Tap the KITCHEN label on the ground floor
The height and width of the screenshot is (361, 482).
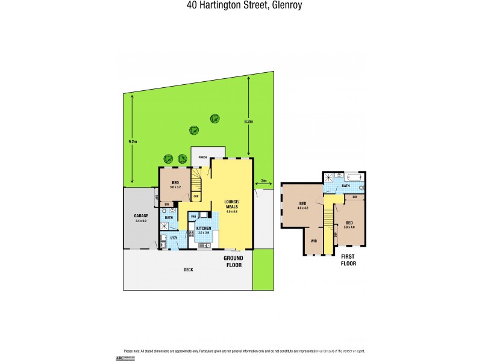(x=203, y=228)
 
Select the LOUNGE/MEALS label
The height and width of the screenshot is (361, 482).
(x=232, y=203)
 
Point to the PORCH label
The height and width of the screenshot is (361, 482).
(x=203, y=157)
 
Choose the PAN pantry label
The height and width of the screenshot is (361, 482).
(x=193, y=215)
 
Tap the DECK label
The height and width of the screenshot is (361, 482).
(x=189, y=270)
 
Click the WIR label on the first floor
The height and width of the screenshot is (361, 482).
(x=313, y=240)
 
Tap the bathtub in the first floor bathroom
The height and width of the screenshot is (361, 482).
(x=354, y=177)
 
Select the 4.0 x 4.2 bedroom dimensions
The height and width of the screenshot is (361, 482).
(x=303, y=208)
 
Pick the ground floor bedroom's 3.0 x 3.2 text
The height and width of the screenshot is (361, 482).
(x=175, y=188)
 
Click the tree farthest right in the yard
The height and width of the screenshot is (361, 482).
(x=214, y=119)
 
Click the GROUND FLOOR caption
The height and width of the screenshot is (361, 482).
(x=233, y=261)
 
